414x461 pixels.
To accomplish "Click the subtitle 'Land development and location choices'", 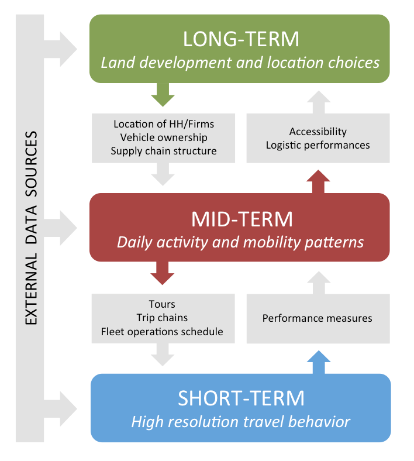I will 240,62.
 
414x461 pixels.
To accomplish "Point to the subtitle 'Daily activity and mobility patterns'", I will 240,242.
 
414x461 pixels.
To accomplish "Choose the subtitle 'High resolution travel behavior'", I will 240,421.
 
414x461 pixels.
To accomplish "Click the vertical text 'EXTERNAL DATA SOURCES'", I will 31,228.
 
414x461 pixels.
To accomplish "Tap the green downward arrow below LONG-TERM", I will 163,94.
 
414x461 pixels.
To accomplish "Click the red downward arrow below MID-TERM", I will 163,273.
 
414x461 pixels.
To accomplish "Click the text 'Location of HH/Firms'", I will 163,124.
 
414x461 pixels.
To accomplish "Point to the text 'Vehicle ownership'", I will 163,137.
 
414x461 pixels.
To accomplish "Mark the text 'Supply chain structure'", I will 163,151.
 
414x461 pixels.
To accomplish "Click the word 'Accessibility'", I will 318,132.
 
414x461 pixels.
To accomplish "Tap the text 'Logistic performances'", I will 318,145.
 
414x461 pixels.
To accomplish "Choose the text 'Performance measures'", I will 317,318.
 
